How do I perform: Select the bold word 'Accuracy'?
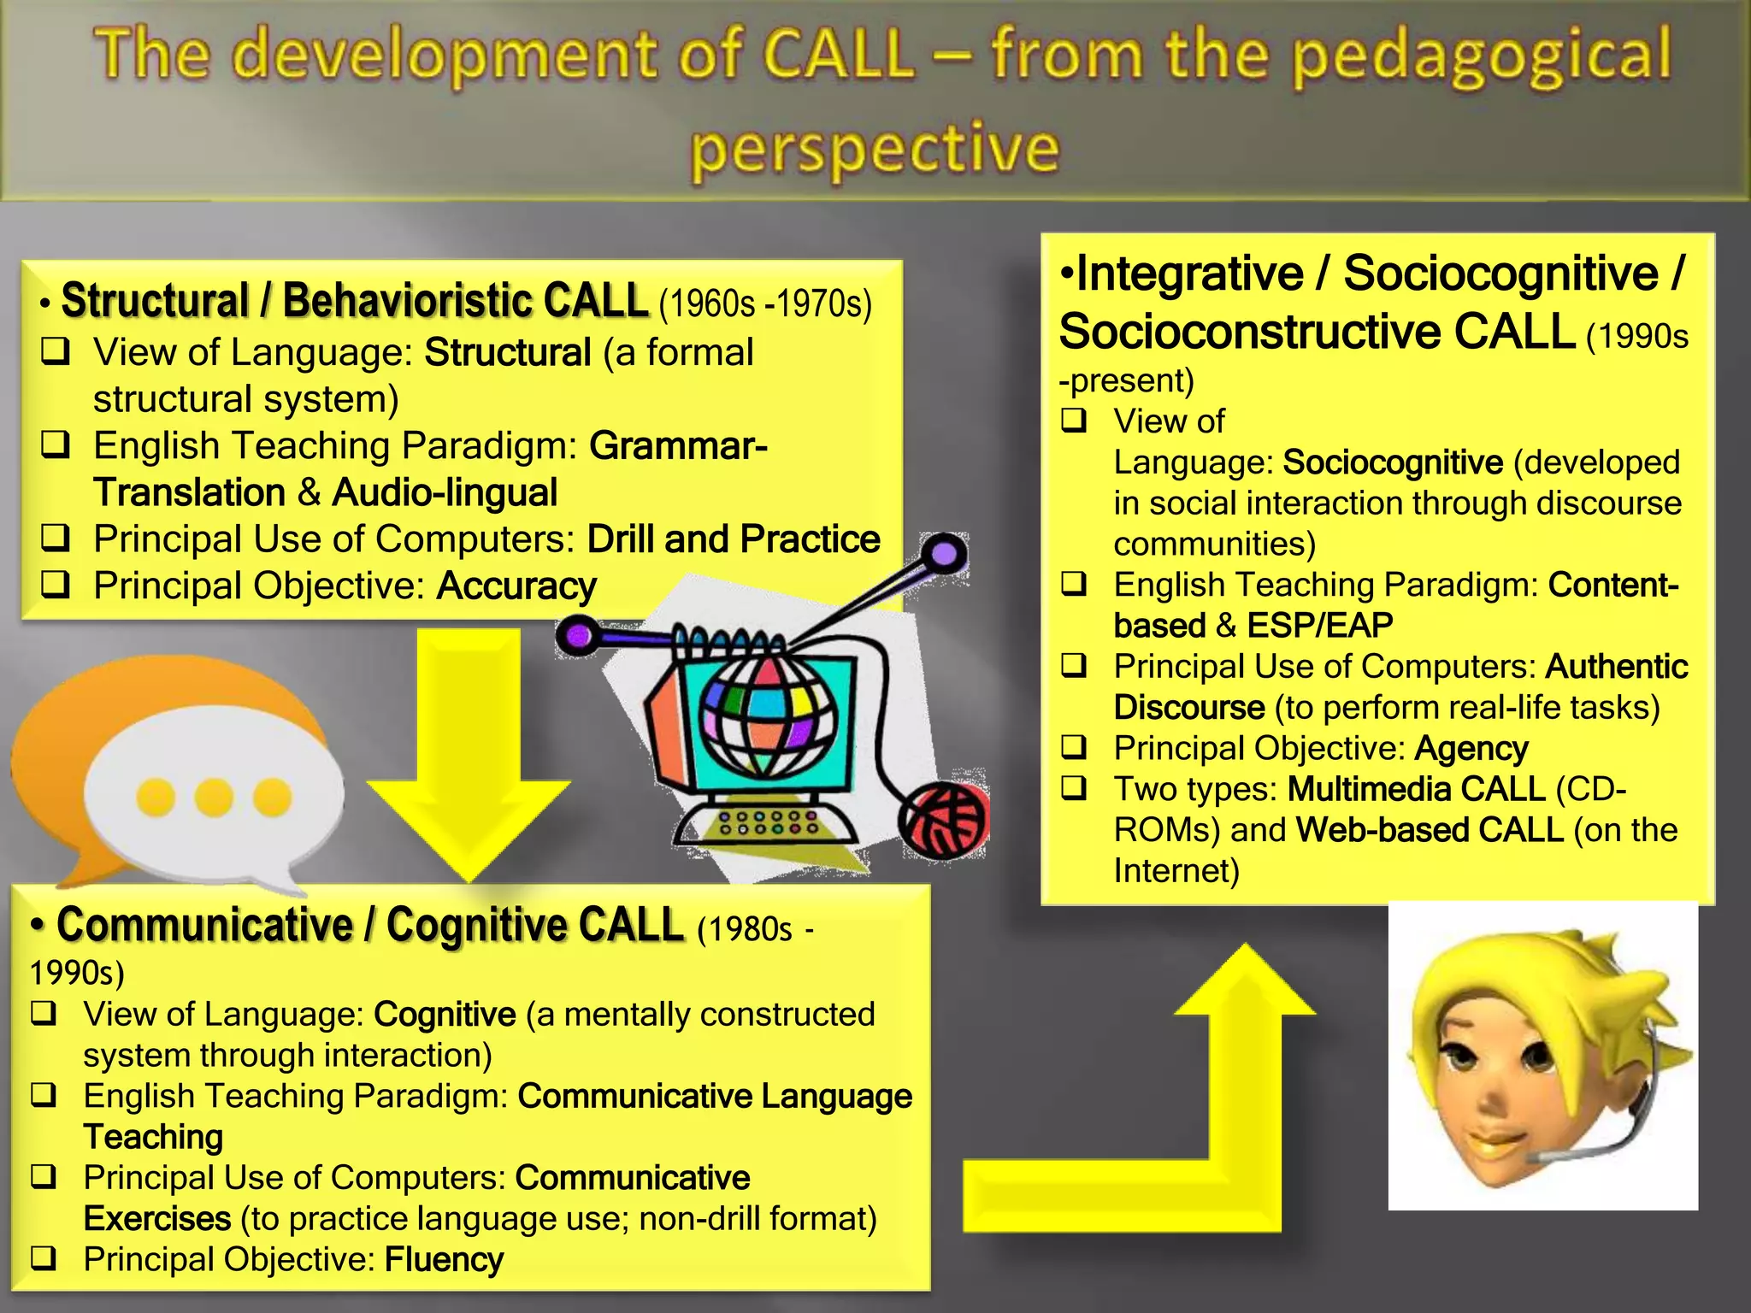pos(516,586)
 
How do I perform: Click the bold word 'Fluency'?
pos(444,1259)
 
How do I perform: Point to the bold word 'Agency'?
pos(1471,749)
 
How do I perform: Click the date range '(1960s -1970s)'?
pos(765,304)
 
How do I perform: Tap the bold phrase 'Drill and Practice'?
pos(734,539)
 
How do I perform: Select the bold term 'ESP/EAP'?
pos(1319,626)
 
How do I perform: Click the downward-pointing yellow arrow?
pos(469,752)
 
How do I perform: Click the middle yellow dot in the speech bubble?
pos(214,797)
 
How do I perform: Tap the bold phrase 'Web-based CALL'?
pos(1430,830)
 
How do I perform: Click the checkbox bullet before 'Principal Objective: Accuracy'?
pos(56,586)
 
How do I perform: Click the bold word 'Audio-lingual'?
pos(445,493)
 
